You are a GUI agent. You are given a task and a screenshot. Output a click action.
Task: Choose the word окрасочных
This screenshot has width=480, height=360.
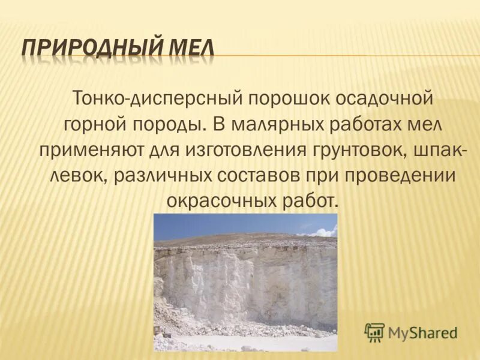224,202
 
